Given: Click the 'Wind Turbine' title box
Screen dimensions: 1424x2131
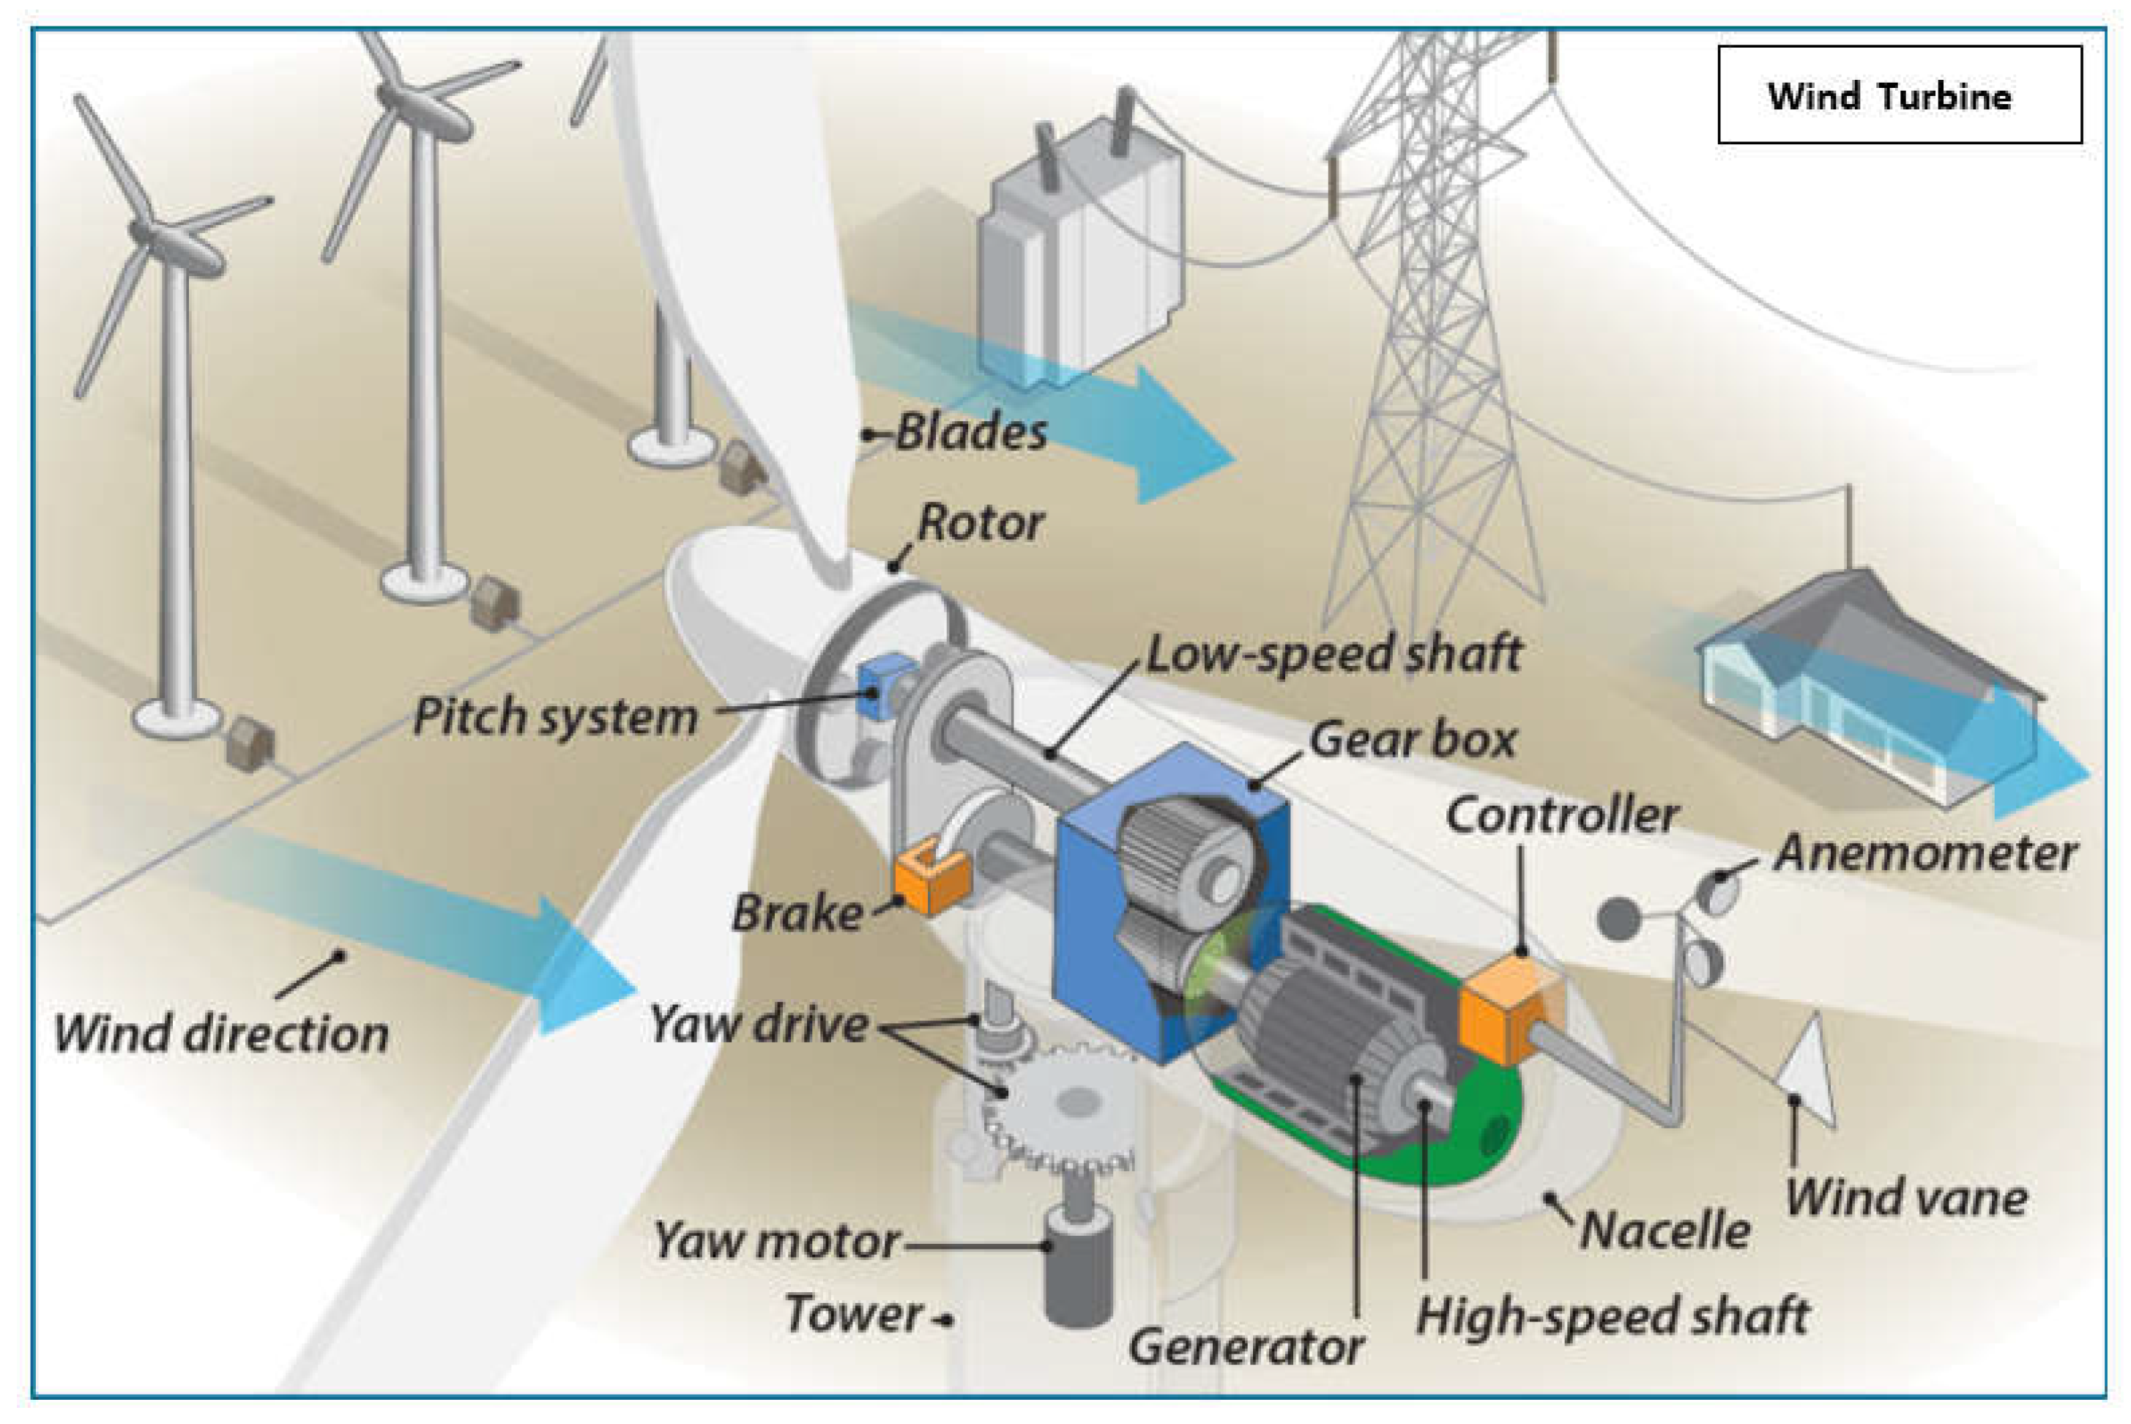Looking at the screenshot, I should click(1899, 94).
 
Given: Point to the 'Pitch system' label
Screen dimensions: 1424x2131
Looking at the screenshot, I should click(556, 716).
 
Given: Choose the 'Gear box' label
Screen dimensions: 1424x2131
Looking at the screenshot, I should click(1413, 739).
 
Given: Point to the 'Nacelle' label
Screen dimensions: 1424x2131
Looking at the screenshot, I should click(1665, 1231).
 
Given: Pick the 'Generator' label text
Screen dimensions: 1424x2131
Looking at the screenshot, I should click(1246, 1346).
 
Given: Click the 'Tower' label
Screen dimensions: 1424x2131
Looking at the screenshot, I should click(853, 1314).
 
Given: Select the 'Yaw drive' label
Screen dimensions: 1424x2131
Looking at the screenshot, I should click(759, 1024).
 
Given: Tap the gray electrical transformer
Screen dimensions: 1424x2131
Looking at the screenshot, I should click(1080, 254).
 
